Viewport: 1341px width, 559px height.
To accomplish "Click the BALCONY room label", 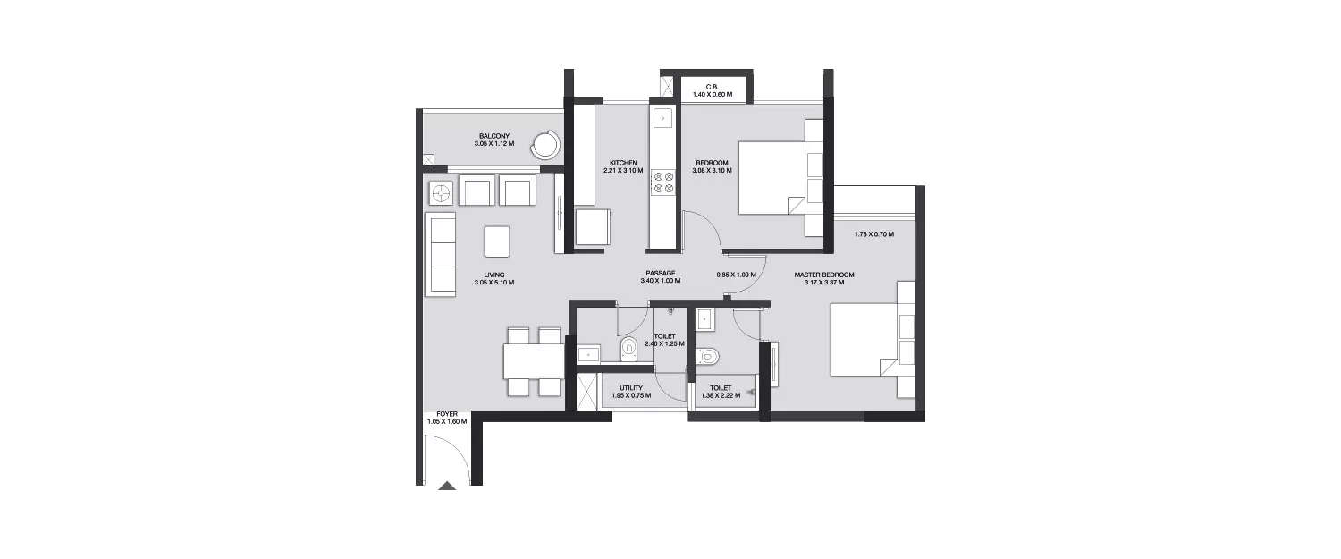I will click(493, 139).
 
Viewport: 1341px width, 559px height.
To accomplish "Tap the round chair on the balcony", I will click(544, 144).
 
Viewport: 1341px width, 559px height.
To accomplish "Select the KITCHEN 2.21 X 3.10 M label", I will click(622, 166).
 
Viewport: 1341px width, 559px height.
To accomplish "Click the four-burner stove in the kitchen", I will click(663, 182).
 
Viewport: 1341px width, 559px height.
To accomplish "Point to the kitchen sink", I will click(663, 116).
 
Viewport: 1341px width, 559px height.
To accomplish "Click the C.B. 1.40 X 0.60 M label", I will click(713, 90).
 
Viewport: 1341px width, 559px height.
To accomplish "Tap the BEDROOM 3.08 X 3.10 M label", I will click(713, 166).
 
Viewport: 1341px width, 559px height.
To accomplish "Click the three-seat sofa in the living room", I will click(440, 256).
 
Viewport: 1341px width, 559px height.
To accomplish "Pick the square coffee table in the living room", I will click(497, 241).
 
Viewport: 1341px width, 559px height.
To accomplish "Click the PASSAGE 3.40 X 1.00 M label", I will click(661, 276).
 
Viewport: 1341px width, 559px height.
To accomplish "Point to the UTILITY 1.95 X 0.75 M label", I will click(631, 391).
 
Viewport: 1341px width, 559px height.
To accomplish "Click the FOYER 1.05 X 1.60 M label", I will click(447, 418).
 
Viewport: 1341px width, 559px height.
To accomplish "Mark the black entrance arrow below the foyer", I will click(448, 485).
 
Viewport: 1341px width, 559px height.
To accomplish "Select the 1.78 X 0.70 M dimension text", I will click(873, 234).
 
